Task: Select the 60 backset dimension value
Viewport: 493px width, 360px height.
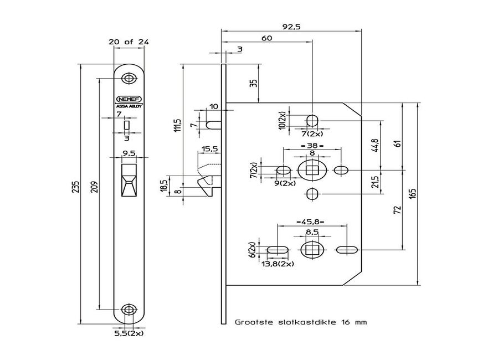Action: (x=266, y=38)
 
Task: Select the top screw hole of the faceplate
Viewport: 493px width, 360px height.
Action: (x=129, y=78)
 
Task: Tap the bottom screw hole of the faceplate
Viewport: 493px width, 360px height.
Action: (x=129, y=309)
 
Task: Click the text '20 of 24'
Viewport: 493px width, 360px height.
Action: (x=129, y=42)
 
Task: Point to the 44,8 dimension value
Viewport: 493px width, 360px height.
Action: (x=376, y=146)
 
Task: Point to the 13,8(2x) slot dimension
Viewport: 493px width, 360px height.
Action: (x=277, y=264)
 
